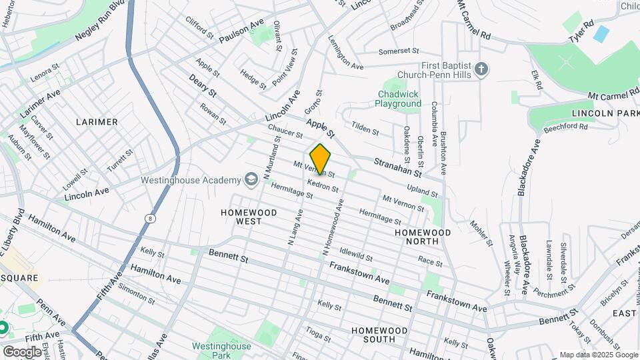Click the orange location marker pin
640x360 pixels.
tap(320, 159)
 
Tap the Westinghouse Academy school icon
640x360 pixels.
tap(251, 180)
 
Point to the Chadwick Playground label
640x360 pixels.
tap(398, 99)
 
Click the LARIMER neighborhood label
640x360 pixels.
tap(97, 122)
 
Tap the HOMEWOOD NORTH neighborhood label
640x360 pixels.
tap(422, 237)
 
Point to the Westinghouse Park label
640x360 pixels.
tap(221, 351)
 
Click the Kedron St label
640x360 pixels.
tap(323, 185)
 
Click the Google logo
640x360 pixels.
tap(22, 351)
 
